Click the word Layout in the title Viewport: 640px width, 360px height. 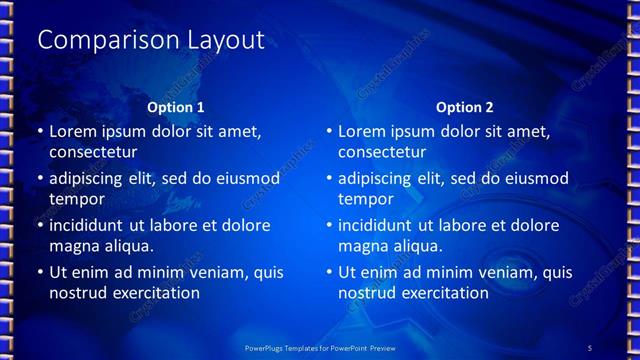[226, 40]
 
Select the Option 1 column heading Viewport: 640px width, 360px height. [176, 107]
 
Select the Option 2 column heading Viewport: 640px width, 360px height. [465, 107]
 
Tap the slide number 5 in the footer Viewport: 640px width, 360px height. [590, 347]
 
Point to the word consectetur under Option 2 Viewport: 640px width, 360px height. [382, 153]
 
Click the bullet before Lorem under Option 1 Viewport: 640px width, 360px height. [39, 132]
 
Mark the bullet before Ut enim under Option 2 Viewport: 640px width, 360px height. [328, 272]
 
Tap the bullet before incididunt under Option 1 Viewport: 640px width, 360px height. [39, 225]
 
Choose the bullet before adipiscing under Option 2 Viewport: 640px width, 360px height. [328, 179]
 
